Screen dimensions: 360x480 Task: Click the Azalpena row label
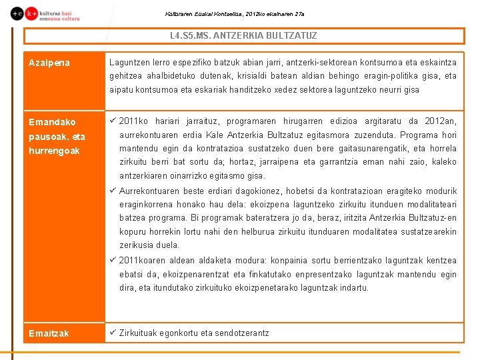49,63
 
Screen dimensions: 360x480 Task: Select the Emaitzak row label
49,333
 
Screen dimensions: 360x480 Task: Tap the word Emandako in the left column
52,122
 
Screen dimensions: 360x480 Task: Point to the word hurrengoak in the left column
54,151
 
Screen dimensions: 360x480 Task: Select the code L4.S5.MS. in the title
189,35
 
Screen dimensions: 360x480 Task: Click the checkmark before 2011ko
113,121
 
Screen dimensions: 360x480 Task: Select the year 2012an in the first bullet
441,121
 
